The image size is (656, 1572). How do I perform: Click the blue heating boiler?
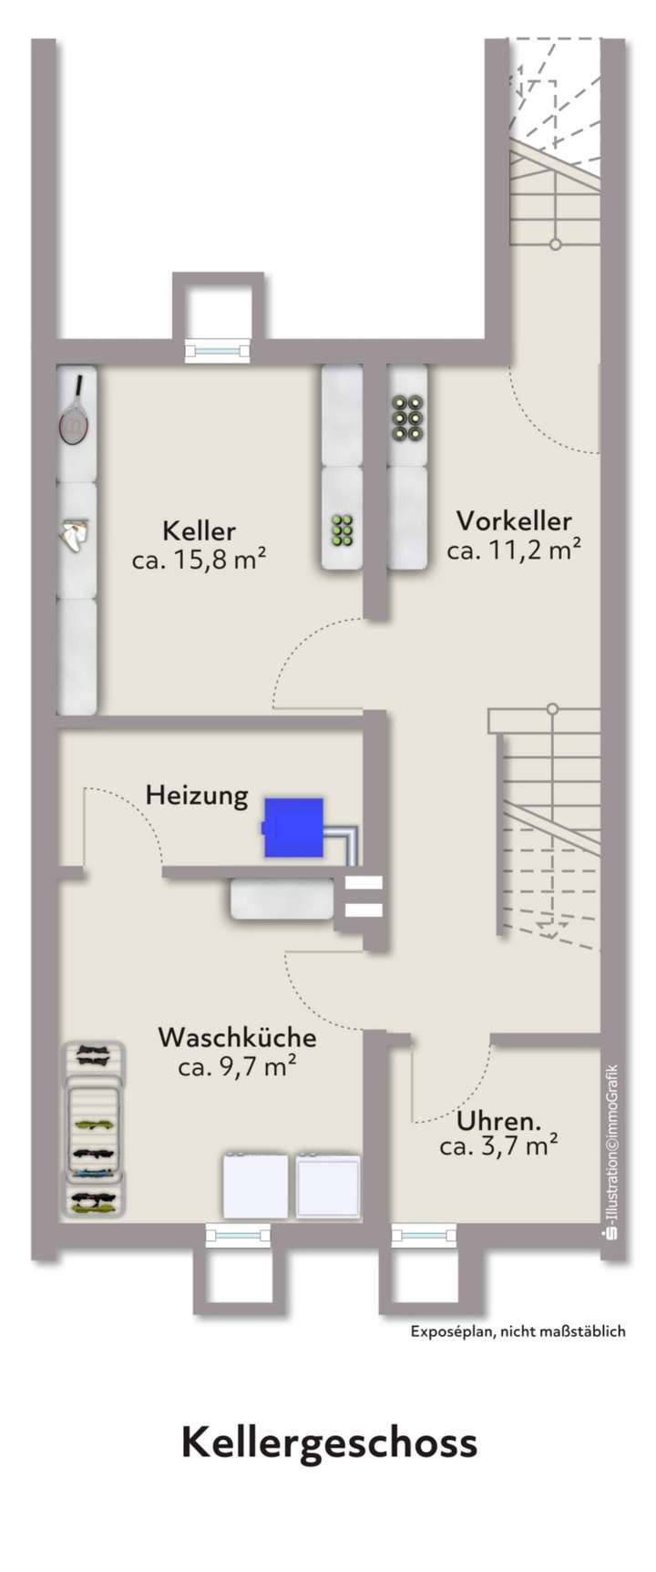(x=293, y=827)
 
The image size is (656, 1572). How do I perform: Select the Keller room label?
(x=199, y=530)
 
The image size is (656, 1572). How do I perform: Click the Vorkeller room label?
(x=514, y=521)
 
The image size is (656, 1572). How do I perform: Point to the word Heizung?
(x=197, y=796)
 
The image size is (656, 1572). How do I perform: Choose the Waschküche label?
(x=237, y=1037)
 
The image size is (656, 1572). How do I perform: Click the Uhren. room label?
(x=499, y=1120)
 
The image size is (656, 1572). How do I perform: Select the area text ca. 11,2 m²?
(x=514, y=550)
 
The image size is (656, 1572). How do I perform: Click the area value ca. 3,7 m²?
(x=498, y=1146)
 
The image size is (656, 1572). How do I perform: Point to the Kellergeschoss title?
(x=329, y=1444)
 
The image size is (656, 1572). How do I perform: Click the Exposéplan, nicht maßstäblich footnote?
(x=518, y=1331)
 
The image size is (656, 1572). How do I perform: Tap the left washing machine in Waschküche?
(x=256, y=1185)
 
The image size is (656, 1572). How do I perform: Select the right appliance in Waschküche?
(x=327, y=1185)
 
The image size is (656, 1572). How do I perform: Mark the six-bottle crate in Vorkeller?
(x=409, y=417)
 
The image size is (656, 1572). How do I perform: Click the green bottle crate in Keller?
(x=343, y=529)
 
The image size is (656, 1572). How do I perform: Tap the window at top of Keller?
(x=217, y=350)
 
